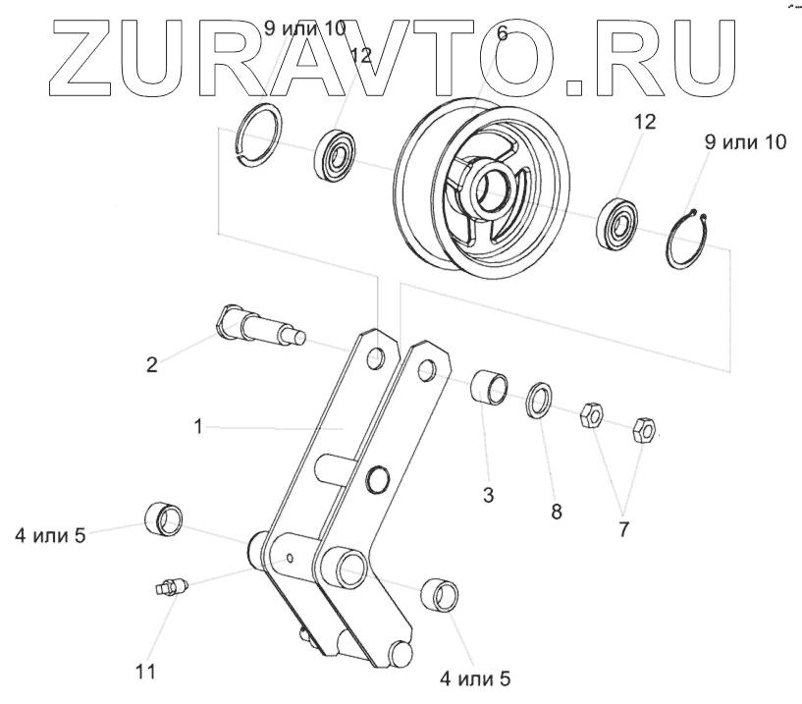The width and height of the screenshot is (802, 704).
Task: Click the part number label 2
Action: pyautogui.click(x=151, y=365)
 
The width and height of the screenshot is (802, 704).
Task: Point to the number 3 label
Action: pyautogui.click(x=487, y=496)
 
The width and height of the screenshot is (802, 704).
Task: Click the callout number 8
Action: pyautogui.click(x=556, y=512)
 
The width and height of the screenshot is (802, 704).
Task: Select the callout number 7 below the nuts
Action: pyautogui.click(x=623, y=529)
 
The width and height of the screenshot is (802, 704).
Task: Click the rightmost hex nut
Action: pyautogui.click(x=644, y=429)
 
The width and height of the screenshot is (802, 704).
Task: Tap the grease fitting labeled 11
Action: pyautogui.click(x=170, y=587)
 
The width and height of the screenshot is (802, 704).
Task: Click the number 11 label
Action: pyautogui.click(x=145, y=672)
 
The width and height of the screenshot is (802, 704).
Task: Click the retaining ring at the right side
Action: pyautogui.click(x=694, y=238)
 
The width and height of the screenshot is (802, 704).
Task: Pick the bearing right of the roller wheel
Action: pyautogui.click(x=619, y=221)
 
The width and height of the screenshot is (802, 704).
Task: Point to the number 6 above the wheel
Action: pyautogui.click(x=503, y=33)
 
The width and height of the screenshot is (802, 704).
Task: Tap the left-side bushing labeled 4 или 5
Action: pyautogui.click(x=165, y=516)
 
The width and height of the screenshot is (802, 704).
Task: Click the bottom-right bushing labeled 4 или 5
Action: pyautogui.click(x=442, y=595)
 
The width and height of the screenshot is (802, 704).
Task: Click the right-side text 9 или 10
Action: pyautogui.click(x=745, y=143)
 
